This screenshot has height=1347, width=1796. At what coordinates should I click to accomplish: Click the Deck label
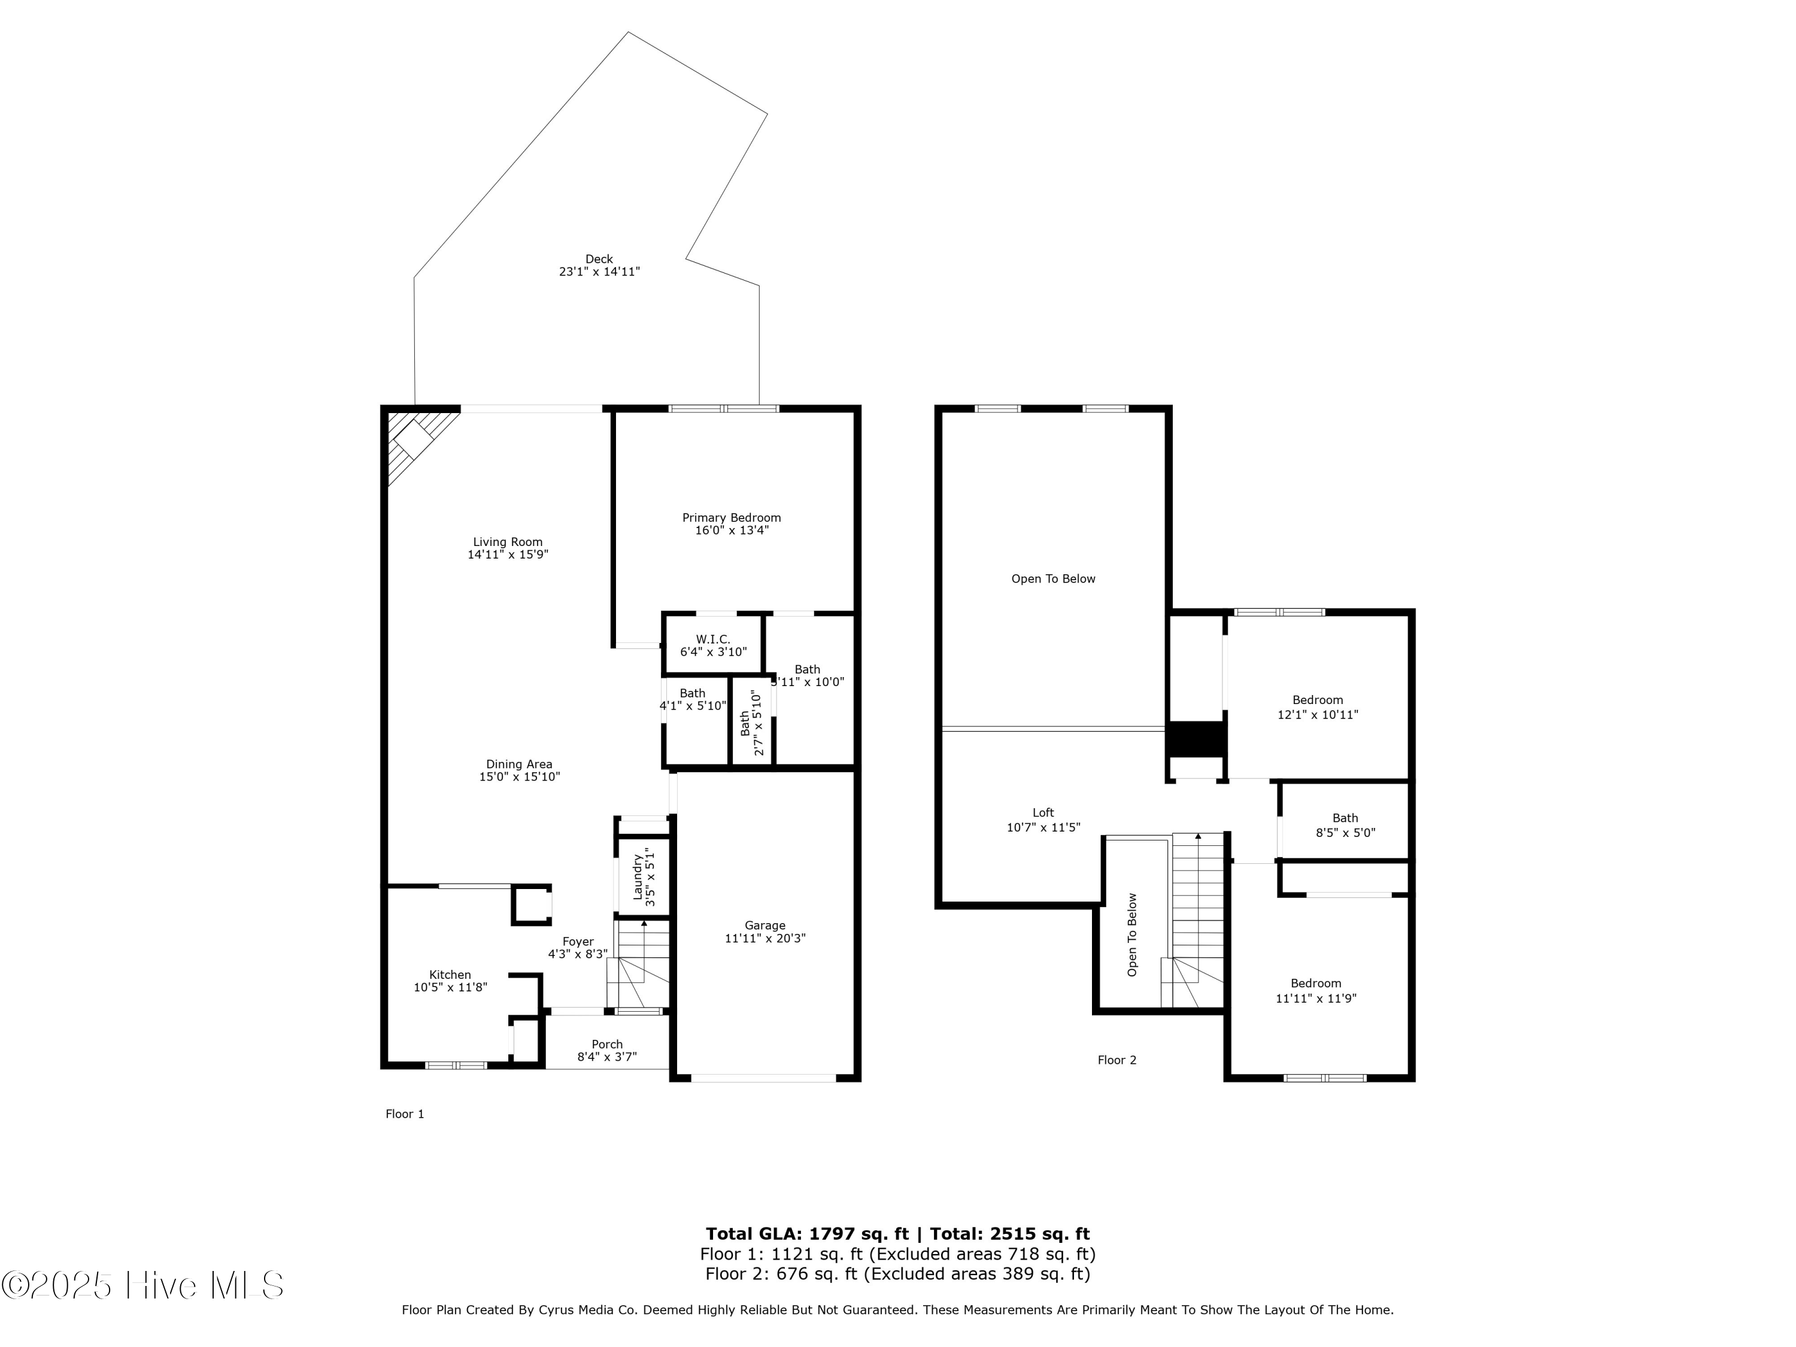(599, 260)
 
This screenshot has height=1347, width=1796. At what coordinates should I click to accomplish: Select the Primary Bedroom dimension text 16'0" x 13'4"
(731, 530)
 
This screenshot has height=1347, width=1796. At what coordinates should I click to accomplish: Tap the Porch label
(606, 1044)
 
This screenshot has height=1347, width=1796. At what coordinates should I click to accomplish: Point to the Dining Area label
(519, 764)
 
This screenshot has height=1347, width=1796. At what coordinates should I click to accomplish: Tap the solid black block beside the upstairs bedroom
(1195, 738)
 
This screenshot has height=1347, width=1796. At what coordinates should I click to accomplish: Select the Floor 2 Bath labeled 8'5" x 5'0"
(1345, 825)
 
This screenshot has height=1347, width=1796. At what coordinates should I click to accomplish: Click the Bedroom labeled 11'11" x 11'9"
(1315, 991)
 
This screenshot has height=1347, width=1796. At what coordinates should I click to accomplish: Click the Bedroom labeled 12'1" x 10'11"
(1317, 707)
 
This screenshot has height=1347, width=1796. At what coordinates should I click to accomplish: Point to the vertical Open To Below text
(1132, 935)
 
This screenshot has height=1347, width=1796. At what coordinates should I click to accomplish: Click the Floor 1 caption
(404, 1114)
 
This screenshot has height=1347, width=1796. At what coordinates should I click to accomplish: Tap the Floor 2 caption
(1117, 1060)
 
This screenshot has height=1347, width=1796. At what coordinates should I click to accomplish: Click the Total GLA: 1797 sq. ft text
(806, 1234)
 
